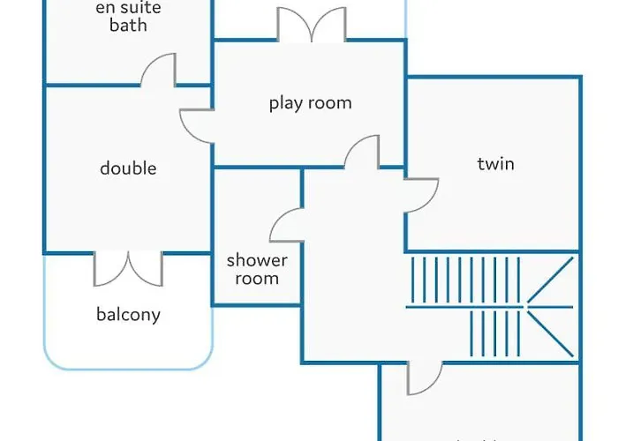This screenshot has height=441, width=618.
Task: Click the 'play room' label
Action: pos(310,103)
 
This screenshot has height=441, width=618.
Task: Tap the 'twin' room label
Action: pos(495,163)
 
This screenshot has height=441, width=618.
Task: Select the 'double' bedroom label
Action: pos(128,168)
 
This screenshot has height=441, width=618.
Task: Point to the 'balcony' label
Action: pos(128,314)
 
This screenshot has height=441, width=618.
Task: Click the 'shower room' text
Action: pos(257,270)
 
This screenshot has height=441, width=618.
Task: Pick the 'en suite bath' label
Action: pos(128,16)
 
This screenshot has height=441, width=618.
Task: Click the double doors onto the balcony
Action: pos(129,267)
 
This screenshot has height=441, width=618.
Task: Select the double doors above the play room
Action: pos(311,25)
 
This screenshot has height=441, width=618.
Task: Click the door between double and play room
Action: pos(197,126)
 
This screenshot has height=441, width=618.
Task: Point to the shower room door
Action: pos(287,224)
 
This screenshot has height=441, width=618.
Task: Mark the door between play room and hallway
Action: pos(362,153)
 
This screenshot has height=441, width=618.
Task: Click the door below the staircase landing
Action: pos(424,378)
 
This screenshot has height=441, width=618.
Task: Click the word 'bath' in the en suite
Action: pos(128,25)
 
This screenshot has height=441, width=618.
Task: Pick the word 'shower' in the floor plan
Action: pos(257,260)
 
